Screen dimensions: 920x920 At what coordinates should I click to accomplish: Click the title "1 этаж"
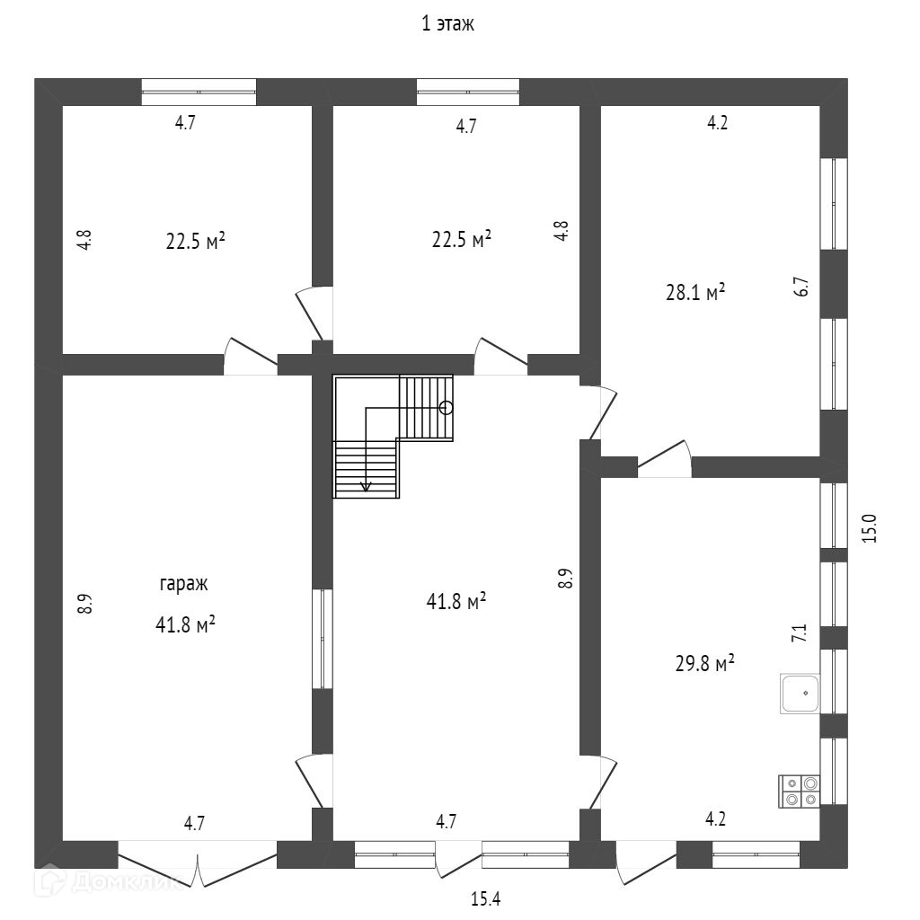[447, 24]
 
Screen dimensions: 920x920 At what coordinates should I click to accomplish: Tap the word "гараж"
[183, 583]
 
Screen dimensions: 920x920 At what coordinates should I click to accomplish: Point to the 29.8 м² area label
[704, 663]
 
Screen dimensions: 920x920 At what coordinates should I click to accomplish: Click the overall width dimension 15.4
[484, 898]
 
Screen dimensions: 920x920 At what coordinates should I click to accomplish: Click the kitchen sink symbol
[799, 693]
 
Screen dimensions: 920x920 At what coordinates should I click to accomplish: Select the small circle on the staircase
[447, 407]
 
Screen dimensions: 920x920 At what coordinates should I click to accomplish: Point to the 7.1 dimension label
[799, 632]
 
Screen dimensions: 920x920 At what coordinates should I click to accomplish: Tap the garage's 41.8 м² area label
[185, 625]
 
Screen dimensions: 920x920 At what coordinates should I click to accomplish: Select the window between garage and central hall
[322, 639]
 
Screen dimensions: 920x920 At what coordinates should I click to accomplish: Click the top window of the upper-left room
[199, 92]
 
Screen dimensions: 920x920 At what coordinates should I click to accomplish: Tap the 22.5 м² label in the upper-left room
[195, 242]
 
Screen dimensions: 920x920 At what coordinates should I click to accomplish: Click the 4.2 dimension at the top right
[716, 124]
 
